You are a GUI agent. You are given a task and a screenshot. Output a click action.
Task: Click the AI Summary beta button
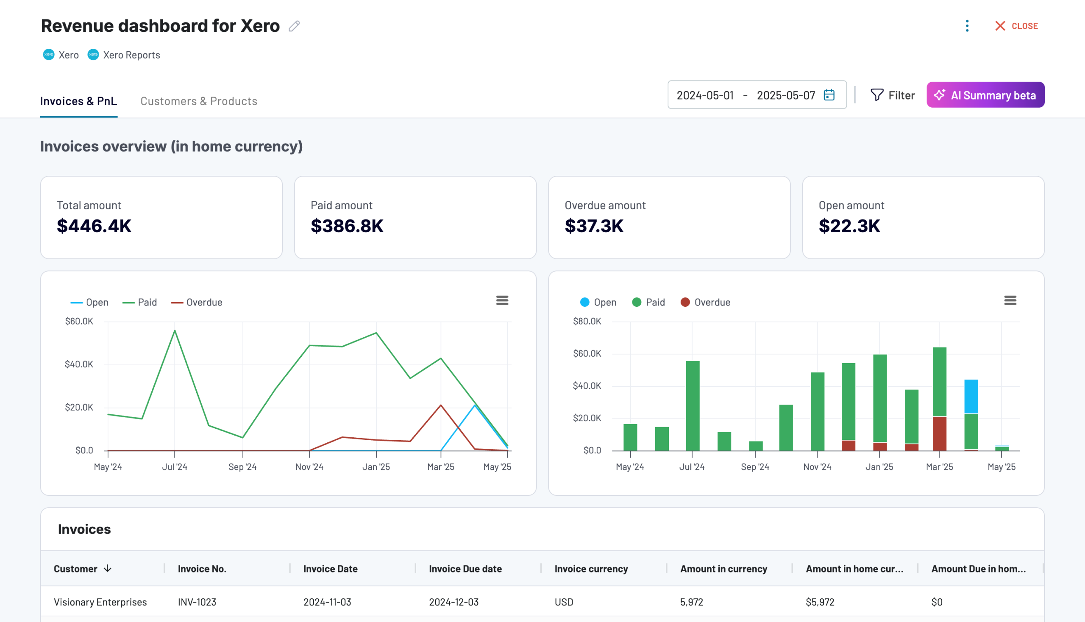click(x=985, y=95)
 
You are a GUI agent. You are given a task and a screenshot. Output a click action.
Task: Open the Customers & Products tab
click(x=199, y=101)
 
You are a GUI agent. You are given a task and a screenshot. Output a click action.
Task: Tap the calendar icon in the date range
click(x=829, y=95)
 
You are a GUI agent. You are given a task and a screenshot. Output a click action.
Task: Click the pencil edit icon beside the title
click(x=294, y=26)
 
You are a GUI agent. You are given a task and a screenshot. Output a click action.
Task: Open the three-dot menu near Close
click(x=967, y=26)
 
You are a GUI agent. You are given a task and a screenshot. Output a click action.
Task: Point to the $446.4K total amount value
click(x=94, y=225)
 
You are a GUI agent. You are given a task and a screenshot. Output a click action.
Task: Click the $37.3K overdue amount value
click(x=594, y=225)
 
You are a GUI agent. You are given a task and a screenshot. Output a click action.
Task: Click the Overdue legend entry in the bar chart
click(x=706, y=303)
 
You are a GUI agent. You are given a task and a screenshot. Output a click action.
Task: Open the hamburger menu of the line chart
click(x=502, y=300)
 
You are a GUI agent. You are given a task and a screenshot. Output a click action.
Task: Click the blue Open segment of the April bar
click(x=971, y=397)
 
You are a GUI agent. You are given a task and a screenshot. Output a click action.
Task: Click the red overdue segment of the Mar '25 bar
click(x=939, y=433)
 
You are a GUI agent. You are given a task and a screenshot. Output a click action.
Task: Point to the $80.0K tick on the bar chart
click(x=587, y=321)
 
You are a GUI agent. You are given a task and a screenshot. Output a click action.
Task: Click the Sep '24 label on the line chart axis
click(x=242, y=467)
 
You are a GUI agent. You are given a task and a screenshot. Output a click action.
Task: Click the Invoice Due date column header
click(x=465, y=569)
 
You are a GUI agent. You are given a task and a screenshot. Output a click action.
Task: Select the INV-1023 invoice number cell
click(x=197, y=602)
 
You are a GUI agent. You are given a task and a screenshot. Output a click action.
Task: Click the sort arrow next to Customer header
click(x=108, y=568)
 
